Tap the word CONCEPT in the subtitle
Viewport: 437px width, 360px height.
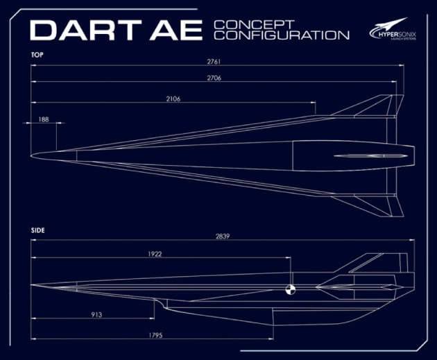(x=245, y=24)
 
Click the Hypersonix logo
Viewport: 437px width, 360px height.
(x=393, y=31)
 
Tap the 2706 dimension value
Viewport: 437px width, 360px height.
(x=214, y=78)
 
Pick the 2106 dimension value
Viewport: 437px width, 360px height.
(x=173, y=99)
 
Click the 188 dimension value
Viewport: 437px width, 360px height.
(x=44, y=119)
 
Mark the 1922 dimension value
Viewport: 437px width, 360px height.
(x=154, y=254)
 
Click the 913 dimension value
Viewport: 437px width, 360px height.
(x=96, y=314)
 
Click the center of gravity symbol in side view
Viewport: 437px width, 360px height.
(x=291, y=290)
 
